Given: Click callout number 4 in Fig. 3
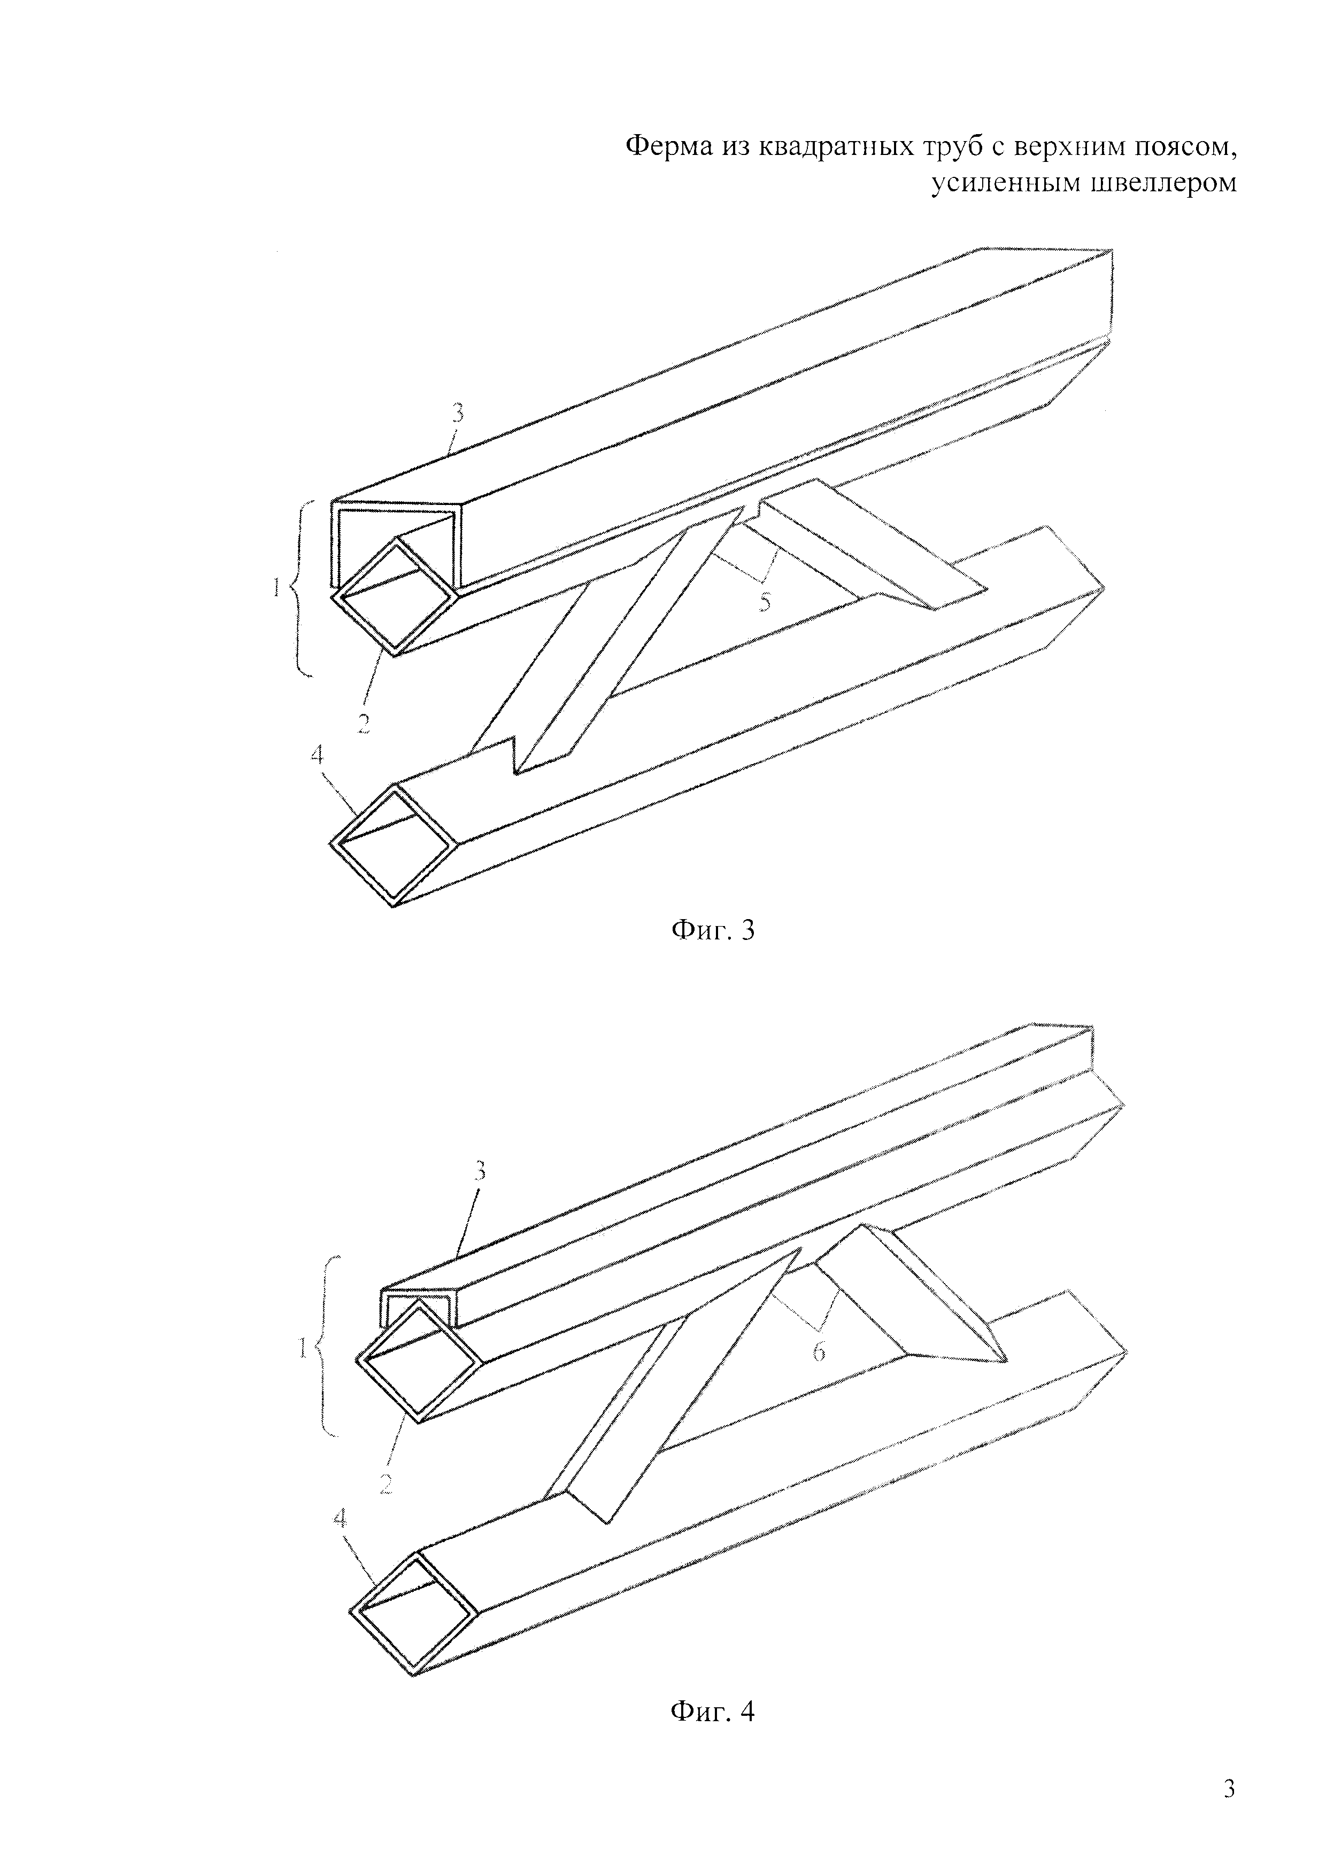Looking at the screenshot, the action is [x=317, y=755].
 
